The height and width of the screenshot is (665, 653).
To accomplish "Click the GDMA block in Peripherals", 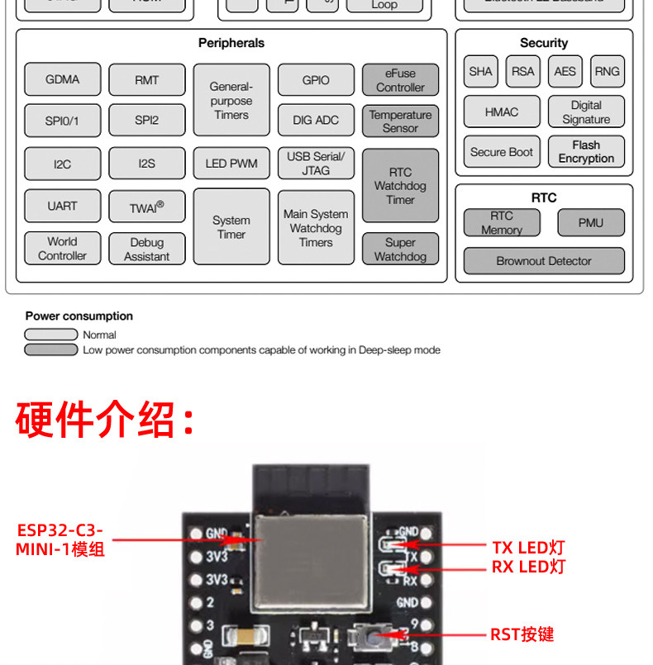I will (x=63, y=79).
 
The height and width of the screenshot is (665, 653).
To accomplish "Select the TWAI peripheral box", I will (x=146, y=207).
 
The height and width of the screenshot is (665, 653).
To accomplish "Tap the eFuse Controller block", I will (x=400, y=80).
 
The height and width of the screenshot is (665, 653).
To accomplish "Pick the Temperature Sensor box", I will (x=400, y=121).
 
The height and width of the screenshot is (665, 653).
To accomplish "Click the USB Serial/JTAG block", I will (x=316, y=164).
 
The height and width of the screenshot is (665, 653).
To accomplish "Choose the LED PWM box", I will (x=231, y=164).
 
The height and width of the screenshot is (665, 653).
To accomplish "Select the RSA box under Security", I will (x=522, y=71).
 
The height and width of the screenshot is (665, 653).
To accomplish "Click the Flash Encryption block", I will (x=586, y=152).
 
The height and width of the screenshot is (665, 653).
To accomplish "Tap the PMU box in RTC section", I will (x=590, y=222).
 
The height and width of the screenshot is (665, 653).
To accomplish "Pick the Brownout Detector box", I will (x=544, y=261).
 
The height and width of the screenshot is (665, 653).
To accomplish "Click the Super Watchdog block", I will (x=400, y=249).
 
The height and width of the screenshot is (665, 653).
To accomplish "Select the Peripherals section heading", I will (x=231, y=43).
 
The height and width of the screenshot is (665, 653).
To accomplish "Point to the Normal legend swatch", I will (x=50, y=335).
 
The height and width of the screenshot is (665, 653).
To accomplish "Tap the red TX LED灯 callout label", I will (x=528, y=547).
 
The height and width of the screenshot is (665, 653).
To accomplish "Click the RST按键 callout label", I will (x=522, y=634).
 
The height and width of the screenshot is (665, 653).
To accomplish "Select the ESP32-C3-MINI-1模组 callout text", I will (x=60, y=539).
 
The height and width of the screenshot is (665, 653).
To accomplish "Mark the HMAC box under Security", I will (x=502, y=112).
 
